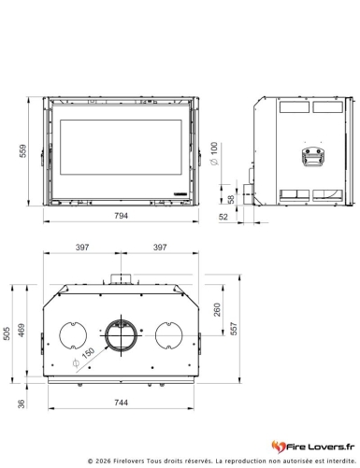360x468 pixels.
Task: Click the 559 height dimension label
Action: pos(23,151)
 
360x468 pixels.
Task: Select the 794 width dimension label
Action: pos(121,216)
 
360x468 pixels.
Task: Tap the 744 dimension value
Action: pos(121,403)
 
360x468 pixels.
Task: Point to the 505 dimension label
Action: pos(7,333)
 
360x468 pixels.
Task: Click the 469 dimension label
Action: pos(22,331)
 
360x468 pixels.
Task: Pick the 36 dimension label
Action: pos(21,404)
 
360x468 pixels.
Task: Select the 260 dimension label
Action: pos(217,309)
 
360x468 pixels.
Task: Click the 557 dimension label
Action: pos(234,329)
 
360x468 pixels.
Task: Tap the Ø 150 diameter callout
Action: pos(83,358)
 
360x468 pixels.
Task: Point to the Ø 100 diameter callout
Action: pos(214,153)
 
